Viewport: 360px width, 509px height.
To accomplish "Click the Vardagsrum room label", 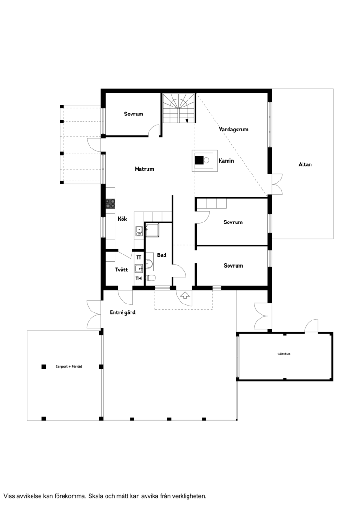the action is (233, 129).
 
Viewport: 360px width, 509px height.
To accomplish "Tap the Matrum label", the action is (145, 169).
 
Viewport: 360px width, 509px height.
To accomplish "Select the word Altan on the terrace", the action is (305, 164).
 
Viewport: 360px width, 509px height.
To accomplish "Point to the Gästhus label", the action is (284, 354).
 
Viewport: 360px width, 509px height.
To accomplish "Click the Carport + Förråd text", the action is (68, 367).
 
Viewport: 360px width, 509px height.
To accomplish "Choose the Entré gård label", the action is (123, 312).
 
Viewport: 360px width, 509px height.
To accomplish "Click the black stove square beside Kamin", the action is (199, 160).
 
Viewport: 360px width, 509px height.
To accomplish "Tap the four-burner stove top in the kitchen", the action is (110, 204).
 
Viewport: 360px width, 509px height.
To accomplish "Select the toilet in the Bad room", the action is (151, 278).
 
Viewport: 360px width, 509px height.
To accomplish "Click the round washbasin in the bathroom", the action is (149, 264).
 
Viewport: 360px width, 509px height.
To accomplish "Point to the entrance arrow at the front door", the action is (185, 295).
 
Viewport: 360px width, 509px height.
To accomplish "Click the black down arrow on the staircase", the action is (187, 121).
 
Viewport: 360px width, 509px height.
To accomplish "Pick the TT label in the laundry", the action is (139, 257).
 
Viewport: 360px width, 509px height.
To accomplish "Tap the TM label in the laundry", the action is (139, 279).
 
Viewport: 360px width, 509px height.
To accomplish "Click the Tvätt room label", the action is (122, 270).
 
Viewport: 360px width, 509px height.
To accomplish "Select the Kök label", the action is (123, 219).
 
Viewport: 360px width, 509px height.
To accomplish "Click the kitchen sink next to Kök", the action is (139, 231).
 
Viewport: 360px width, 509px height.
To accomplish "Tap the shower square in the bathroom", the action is (152, 230).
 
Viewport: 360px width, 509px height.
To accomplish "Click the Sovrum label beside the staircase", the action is (133, 114).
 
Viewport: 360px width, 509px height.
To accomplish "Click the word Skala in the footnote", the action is (96, 496).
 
